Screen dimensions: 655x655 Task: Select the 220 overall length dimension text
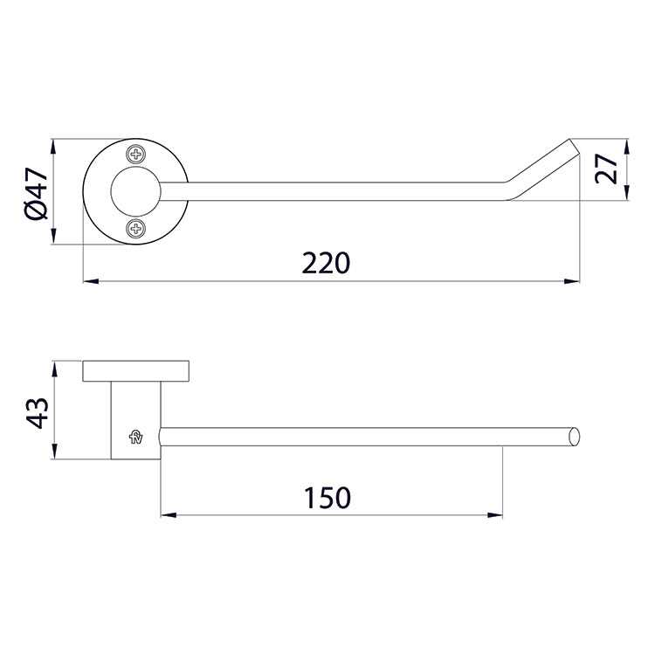point(326,262)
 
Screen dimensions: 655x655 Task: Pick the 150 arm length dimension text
point(327,498)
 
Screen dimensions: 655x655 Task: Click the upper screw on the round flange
point(135,155)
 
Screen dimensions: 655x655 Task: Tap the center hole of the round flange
point(135,191)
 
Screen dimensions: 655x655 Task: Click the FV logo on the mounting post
point(136,437)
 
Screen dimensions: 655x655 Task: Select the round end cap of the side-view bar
point(574,437)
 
